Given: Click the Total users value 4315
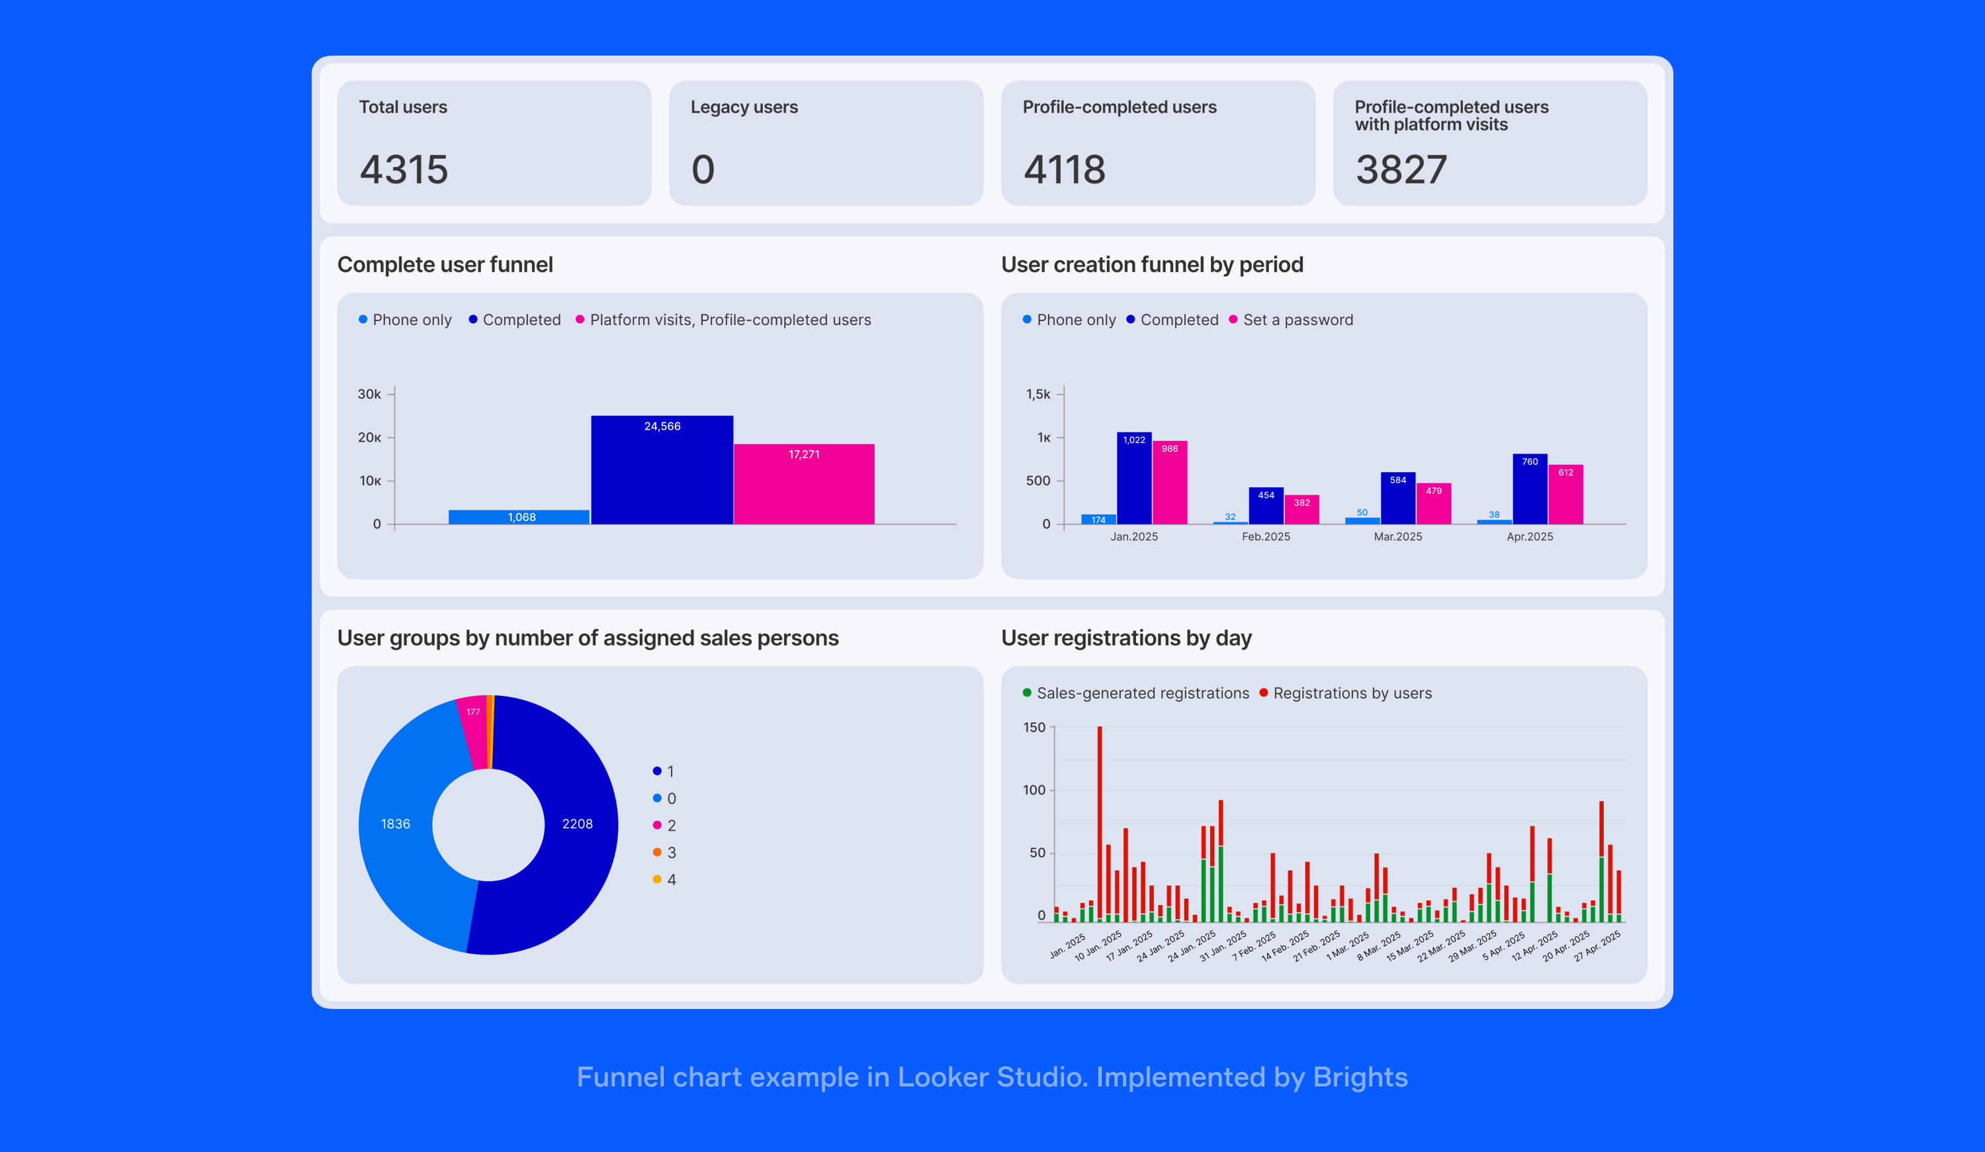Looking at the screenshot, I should point(404,169).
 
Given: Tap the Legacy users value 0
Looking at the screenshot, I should point(703,169).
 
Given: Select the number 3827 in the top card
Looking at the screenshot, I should point(1401,169).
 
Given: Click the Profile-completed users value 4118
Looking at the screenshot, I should point(1064,169).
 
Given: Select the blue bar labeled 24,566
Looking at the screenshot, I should point(662,473).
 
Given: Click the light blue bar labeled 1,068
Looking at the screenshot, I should point(520,517).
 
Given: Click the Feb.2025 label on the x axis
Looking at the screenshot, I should point(1266,536).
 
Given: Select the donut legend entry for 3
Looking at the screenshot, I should point(670,853).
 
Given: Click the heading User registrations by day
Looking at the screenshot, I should point(1125,638).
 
